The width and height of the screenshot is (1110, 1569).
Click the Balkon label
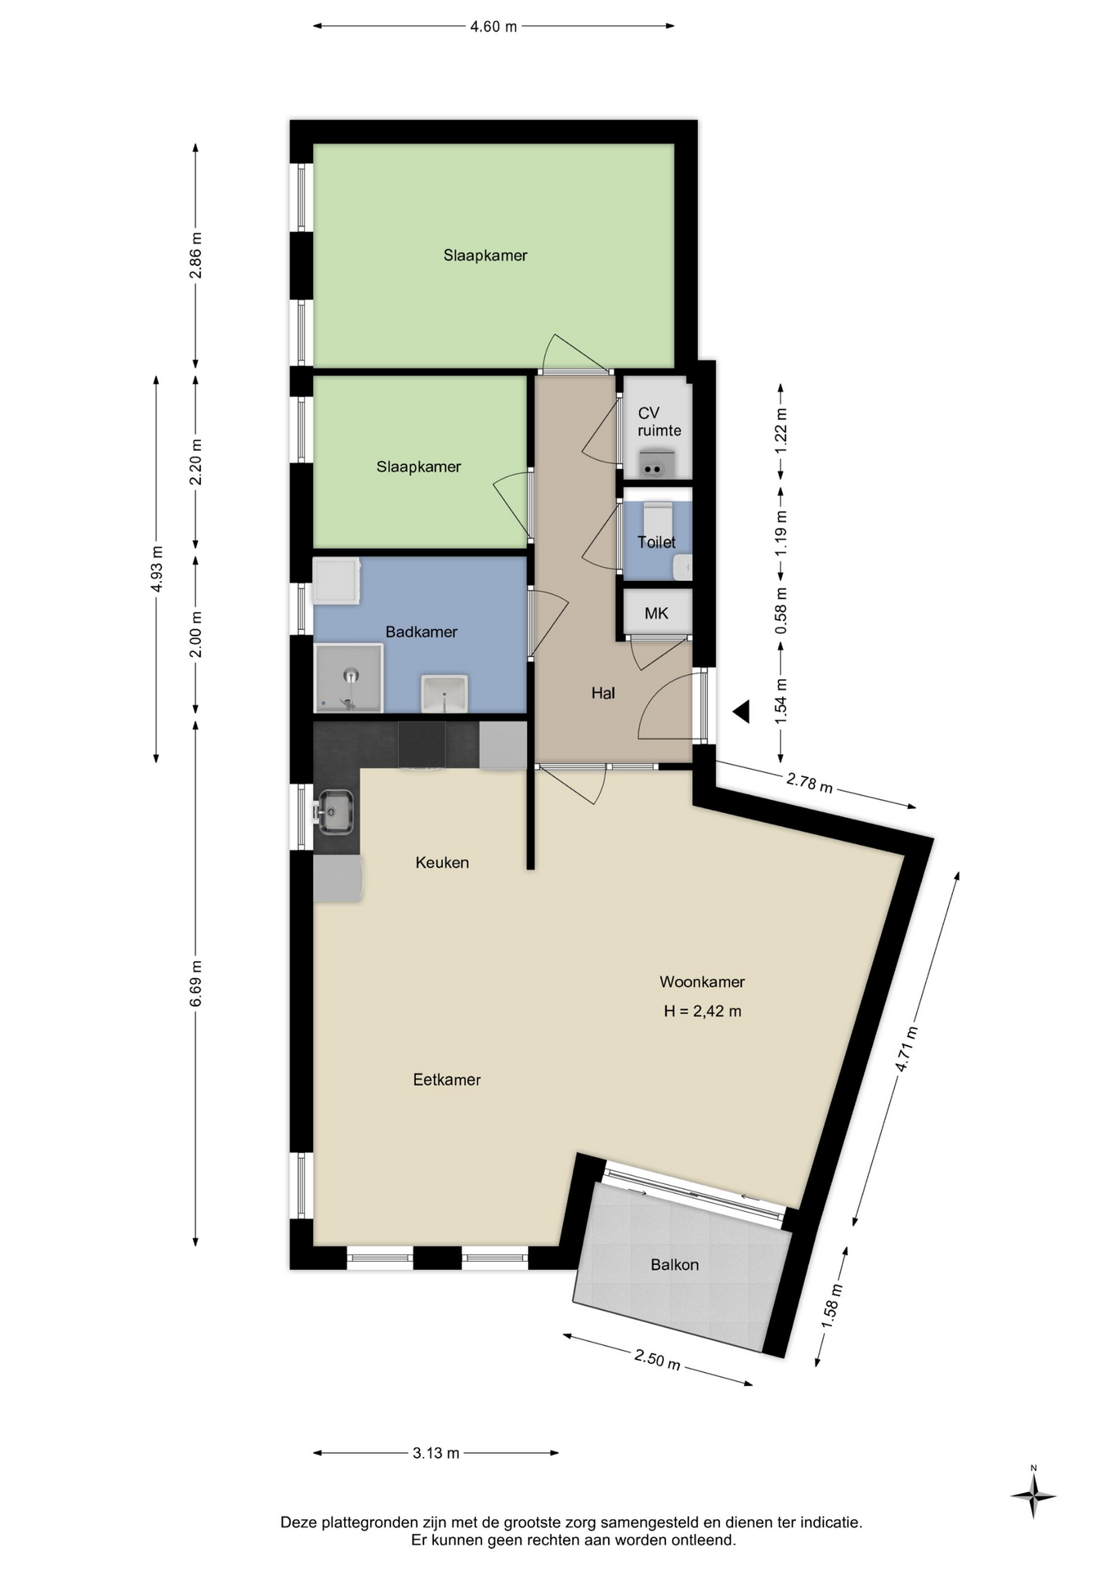[x=674, y=1265]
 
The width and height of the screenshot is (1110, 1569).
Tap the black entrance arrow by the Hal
[x=741, y=712]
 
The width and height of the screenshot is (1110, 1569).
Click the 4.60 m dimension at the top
[x=493, y=26]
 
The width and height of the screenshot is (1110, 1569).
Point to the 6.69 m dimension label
[x=195, y=984]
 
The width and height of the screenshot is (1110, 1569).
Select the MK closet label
[x=656, y=613]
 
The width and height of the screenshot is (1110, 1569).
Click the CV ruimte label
[x=659, y=422]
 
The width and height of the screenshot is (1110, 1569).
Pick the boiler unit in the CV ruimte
[x=653, y=464]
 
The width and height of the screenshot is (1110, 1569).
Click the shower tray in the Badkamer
[x=348, y=677]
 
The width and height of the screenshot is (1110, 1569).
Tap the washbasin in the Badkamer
[x=444, y=694]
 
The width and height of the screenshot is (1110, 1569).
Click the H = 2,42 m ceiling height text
[x=702, y=1011]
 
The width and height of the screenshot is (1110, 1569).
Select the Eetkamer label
[x=446, y=1080]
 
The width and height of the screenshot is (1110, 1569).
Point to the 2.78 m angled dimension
[x=809, y=782]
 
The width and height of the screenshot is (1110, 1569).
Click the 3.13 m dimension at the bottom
[x=436, y=1453]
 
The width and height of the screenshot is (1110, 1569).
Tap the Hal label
[x=603, y=693]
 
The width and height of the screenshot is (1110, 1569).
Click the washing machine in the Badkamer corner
[x=337, y=581]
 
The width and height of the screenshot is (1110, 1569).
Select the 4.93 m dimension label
[x=157, y=569]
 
